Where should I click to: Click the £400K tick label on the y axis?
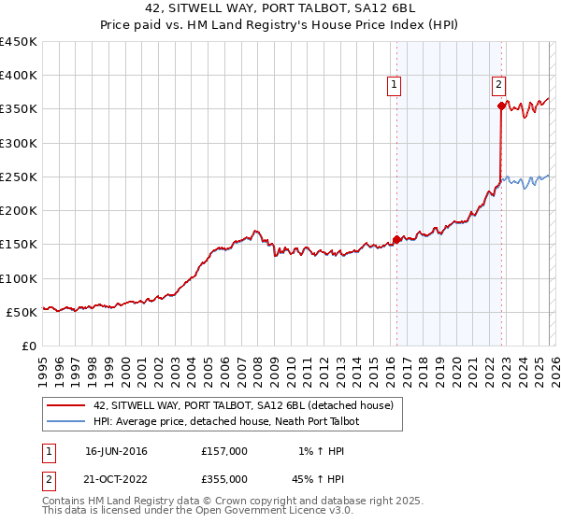(18, 76)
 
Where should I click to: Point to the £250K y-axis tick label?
(18, 177)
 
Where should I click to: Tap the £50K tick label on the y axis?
(22, 312)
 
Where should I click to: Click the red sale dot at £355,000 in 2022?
(501, 106)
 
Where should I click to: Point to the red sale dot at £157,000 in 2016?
(396, 240)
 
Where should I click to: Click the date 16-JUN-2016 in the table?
(116, 451)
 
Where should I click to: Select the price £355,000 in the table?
(224, 478)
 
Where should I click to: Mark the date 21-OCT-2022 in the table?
(116, 478)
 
